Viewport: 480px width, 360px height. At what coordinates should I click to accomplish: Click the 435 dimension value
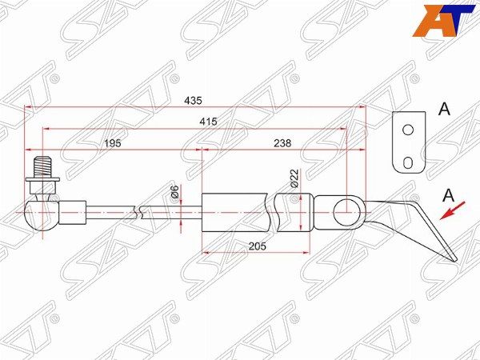[x=193, y=101]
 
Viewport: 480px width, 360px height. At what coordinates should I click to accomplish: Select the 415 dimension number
[x=208, y=122]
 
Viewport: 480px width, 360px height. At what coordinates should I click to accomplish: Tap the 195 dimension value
[x=113, y=143]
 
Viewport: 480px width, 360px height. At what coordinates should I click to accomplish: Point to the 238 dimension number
[x=282, y=143]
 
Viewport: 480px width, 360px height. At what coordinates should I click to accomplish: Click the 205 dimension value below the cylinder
[x=257, y=246]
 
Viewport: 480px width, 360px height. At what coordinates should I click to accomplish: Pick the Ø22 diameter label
[x=294, y=178]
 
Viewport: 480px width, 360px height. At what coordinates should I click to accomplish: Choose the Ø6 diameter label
[x=175, y=192]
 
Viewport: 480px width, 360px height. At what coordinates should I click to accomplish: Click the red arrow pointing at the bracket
[x=453, y=210]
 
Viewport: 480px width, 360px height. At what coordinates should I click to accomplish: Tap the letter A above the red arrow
[x=449, y=195]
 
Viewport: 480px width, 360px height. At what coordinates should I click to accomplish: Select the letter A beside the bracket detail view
[x=444, y=109]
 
